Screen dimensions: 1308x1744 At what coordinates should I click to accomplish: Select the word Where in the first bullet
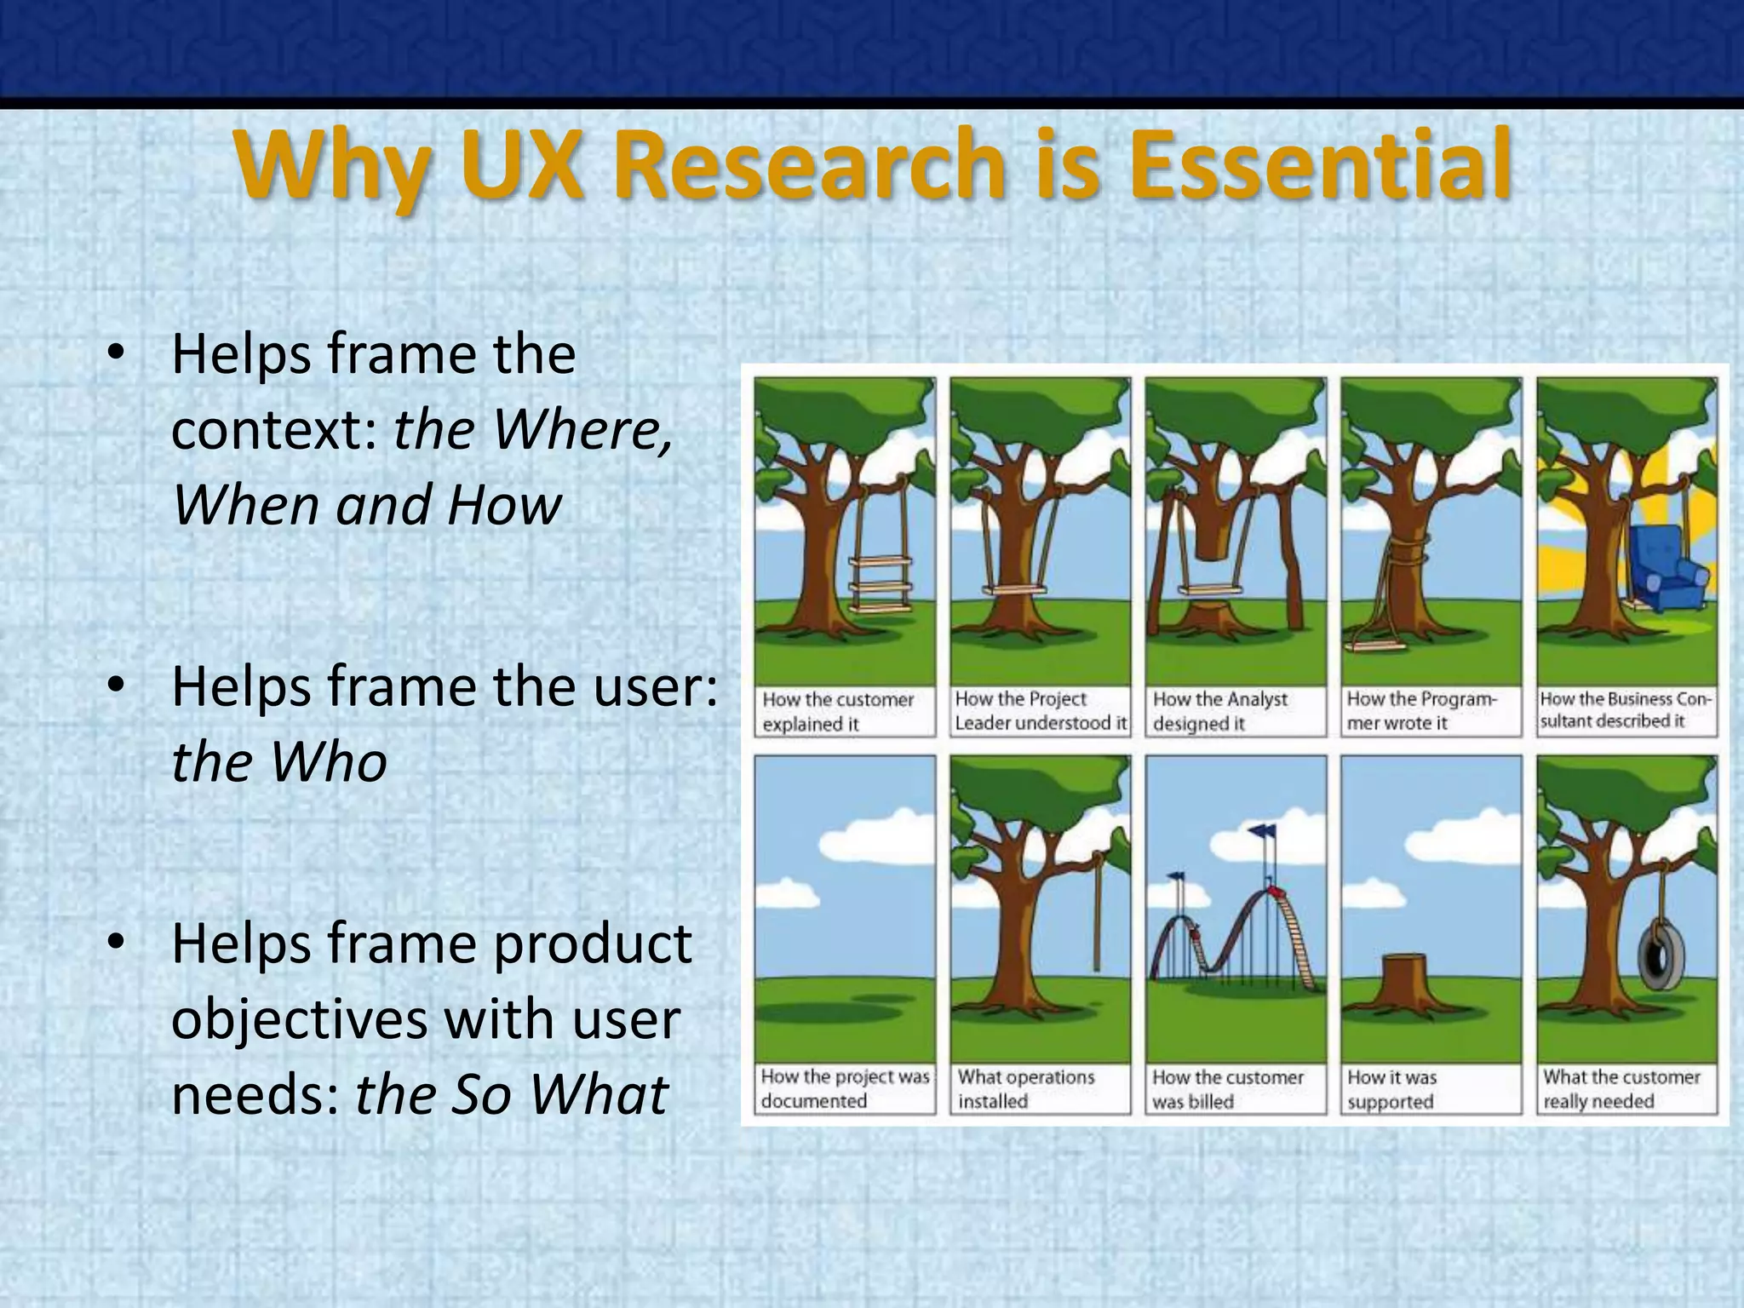tap(582, 428)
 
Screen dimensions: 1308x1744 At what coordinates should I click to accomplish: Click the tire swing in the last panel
tap(1658, 954)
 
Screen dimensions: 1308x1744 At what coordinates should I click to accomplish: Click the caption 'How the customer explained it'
tap(838, 711)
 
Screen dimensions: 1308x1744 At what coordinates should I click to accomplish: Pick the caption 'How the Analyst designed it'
tap(1220, 711)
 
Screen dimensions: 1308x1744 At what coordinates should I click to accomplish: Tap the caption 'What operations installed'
tap(1026, 1088)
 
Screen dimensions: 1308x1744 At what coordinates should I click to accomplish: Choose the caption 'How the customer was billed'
tap(1227, 1088)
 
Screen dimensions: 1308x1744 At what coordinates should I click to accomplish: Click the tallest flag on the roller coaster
tap(1262, 829)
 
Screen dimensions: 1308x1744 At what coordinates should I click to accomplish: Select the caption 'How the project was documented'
tap(845, 1088)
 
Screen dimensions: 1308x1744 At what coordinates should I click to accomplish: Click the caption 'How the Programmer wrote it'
tap(1421, 711)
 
